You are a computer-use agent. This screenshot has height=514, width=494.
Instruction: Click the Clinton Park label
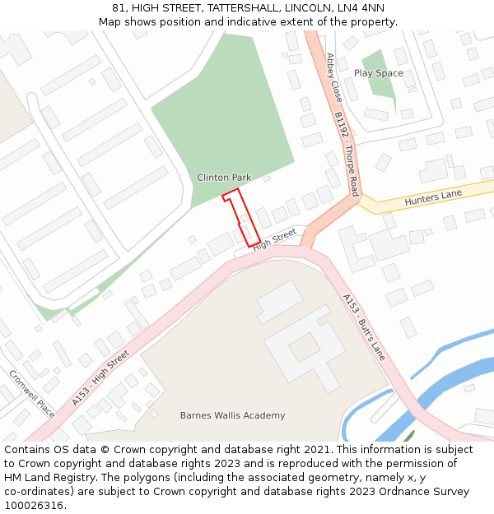[224, 178]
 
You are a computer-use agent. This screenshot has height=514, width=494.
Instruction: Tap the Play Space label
[379, 73]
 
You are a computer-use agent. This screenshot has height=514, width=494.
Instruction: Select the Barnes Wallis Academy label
[232, 415]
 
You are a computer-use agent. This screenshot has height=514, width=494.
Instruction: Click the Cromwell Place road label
[32, 393]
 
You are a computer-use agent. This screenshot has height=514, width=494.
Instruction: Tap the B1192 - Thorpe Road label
[347, 153]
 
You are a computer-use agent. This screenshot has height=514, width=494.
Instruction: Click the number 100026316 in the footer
[34, 505]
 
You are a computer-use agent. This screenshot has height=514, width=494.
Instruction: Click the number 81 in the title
[119, 8]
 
